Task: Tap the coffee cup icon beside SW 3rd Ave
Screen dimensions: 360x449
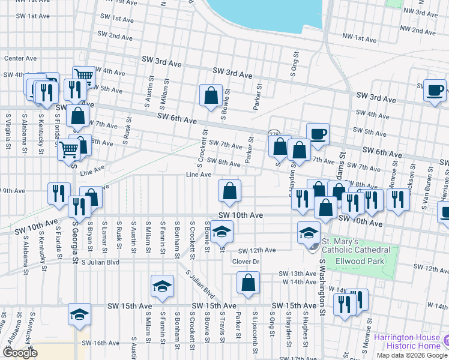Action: click(x=435, y=91)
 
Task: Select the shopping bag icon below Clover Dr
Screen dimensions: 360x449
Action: click(x=248, y=283)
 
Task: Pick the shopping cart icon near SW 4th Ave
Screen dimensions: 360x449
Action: click(x=83, y=76)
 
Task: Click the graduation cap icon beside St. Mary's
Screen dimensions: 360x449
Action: click(x=309, y=233)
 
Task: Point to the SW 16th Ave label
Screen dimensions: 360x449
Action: click(x=101, y=343)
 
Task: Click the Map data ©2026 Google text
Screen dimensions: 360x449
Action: click(x=412, y=355)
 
